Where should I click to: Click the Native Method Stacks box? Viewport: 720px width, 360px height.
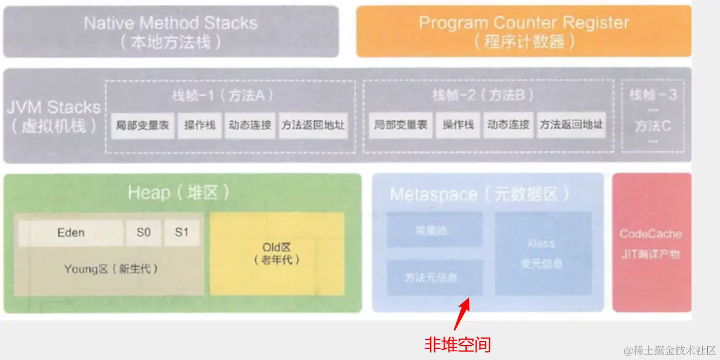pos(170,32)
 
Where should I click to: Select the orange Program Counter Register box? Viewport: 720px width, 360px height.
pos(523,32)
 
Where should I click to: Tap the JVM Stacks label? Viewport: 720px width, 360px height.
pos(53,117)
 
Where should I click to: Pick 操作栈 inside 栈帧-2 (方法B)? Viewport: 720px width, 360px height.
pos(458,125)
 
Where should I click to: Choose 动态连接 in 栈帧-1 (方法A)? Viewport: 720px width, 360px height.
pos(250,125)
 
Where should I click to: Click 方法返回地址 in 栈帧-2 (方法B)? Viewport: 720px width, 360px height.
pos(571,125)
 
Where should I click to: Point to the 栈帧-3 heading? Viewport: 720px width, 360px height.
pos(653,95)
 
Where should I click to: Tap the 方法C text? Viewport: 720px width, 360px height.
pos(653,126)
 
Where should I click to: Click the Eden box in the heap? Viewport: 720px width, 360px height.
pos(71,233)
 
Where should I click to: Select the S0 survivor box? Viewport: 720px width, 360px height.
pos(144,233)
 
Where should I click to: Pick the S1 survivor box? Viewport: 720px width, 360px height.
pos(181,233)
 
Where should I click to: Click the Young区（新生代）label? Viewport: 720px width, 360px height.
pos(111,269)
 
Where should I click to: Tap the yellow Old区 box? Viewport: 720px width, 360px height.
pos(277,254)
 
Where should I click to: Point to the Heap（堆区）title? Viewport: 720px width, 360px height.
pos(179,193)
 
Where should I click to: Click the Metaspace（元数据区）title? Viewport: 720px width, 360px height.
pos(479,194)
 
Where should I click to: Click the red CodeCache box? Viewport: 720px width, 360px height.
pos(650,243)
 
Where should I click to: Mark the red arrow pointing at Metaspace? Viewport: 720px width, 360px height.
pos(462,314)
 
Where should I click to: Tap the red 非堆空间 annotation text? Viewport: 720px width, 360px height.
pos(457,346)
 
